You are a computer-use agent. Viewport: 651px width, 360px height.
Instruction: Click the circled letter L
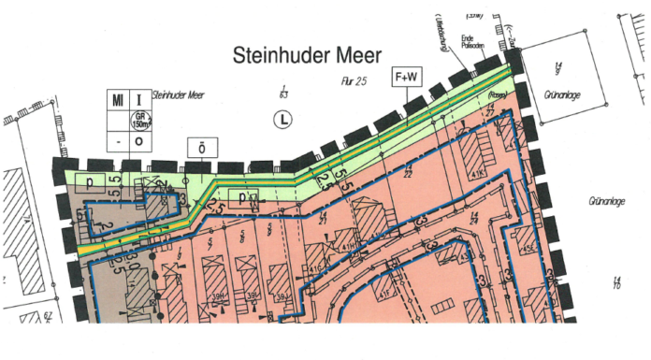tap(282, 119)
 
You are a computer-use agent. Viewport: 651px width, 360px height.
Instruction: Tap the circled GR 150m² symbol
tap(139, 120)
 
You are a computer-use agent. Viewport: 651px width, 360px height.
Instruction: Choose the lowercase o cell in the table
tap(139, 141)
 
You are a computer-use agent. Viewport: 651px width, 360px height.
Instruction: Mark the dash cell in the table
tap(118, 141)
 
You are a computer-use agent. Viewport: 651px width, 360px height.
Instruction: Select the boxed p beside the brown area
tap(90, 181)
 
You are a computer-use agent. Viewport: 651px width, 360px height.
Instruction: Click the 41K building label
tap(479, 174)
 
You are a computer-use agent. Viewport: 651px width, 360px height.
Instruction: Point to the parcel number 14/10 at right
tap(617, 282)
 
